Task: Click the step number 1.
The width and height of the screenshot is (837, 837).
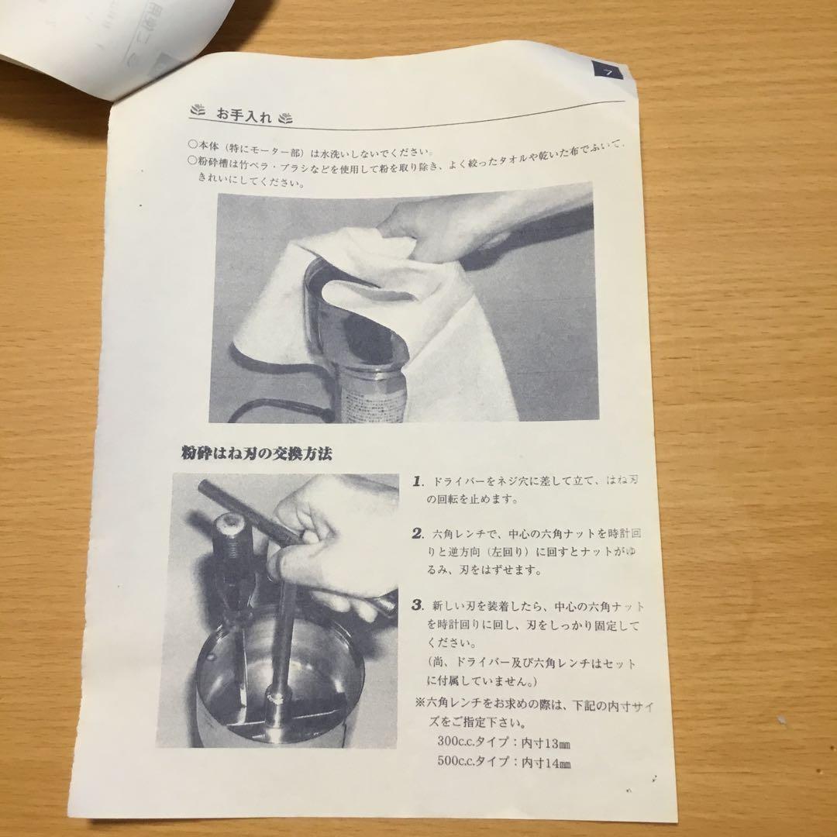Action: pos(417,480)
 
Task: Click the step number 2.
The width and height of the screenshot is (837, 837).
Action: pos(417,533)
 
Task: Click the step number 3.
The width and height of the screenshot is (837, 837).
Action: pos(417,604)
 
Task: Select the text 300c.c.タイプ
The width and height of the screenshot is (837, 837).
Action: pos(470,741)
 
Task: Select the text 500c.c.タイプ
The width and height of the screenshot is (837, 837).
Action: pos(470,763)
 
